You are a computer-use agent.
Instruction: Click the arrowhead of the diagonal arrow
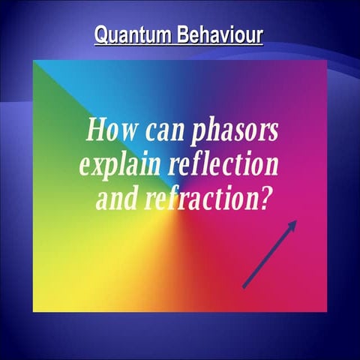pyautogui.click(x=294, y=223)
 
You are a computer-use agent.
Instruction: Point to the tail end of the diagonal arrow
pyautogui.click(x=244, y=286)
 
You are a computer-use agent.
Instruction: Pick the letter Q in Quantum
pyautogui.click(x=101, y=35)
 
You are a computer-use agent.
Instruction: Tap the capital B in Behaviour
pyautogui.click(x=182, y=35)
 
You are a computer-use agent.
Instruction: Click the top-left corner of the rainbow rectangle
pyautogui.click(x=33, y=61)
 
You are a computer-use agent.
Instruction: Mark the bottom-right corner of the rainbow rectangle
pyautogui.click(x=327, y=310)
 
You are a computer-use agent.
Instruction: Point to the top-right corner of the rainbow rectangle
pyautogui.click(x=327, y=61)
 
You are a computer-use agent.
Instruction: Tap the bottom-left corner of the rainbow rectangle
pyautogui.click(x=33, y=310)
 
